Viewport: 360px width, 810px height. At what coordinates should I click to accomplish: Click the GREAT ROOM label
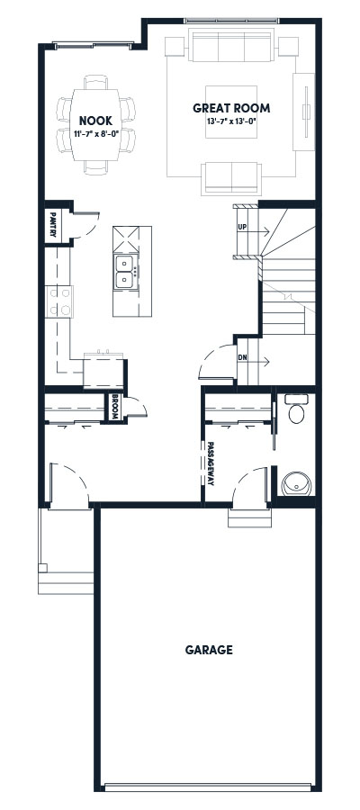(230, 108)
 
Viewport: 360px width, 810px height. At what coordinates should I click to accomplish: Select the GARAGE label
(209, 649)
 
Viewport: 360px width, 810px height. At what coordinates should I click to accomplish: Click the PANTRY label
(54, 224)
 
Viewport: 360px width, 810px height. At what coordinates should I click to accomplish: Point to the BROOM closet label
(116, 408)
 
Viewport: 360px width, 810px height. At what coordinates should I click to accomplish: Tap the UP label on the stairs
(241, 227)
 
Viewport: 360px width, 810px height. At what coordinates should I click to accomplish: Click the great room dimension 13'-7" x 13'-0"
(230, 121)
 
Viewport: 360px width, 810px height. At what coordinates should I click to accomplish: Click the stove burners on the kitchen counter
(58, 301)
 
